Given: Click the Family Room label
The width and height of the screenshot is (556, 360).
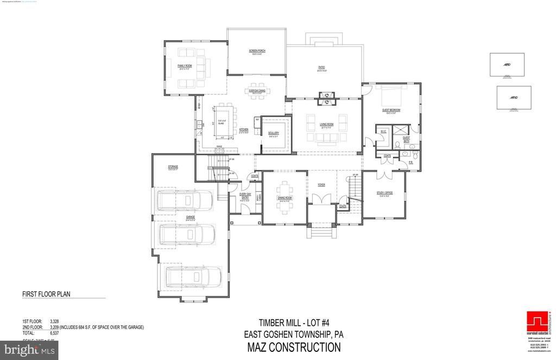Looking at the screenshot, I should pyautogui.click(x=185, y=66).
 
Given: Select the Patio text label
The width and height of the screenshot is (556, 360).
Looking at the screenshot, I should pyautogui.click(x=321, y=68).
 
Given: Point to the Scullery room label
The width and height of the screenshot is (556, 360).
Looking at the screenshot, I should pyautogui.click(x=273, y=133).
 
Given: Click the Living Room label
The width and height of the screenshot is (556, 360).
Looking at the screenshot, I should pyautogui.click(x=326, y=124).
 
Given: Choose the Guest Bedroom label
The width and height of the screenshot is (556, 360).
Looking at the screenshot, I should pyautogui.click(x=391, y=110).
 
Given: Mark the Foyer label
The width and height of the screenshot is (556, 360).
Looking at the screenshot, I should pyautogui.click(x=321, y=185).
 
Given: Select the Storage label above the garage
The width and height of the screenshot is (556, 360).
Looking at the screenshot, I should pyautogui.click(x=173, y=167).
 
